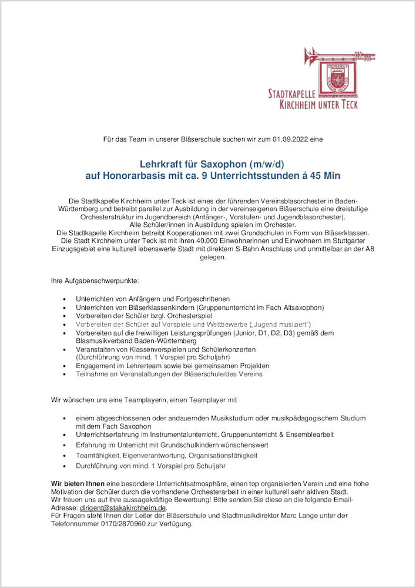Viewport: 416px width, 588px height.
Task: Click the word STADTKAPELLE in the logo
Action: point(292,94)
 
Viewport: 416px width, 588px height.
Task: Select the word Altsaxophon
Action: point(300,307)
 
